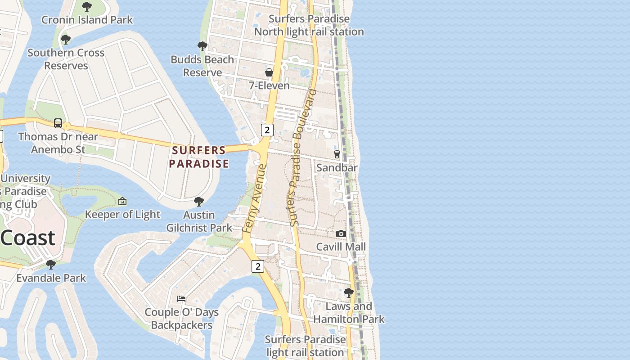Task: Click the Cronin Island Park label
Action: [87, 20]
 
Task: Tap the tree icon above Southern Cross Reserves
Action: [66, 40]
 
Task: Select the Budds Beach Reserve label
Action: [202, 66]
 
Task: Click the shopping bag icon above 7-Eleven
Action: [269, 72]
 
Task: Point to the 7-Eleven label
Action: [269, 85]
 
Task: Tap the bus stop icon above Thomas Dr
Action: [58, 123]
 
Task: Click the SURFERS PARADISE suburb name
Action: [199, 157]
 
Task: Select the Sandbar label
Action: [337, 167]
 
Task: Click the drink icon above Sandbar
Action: [337, 154]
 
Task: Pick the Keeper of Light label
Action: [122, 215]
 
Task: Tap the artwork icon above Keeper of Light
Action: [122, 202]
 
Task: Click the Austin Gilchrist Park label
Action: [199, 221]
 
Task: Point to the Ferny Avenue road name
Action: [254, 198]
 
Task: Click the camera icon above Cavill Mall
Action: [341, 234]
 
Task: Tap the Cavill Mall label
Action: [341, 247]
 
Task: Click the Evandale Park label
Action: [51, 278]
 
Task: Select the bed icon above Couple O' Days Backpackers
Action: [181, 299]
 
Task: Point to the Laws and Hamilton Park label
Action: [349, 313]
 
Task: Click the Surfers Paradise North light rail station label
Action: [309, 25]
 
